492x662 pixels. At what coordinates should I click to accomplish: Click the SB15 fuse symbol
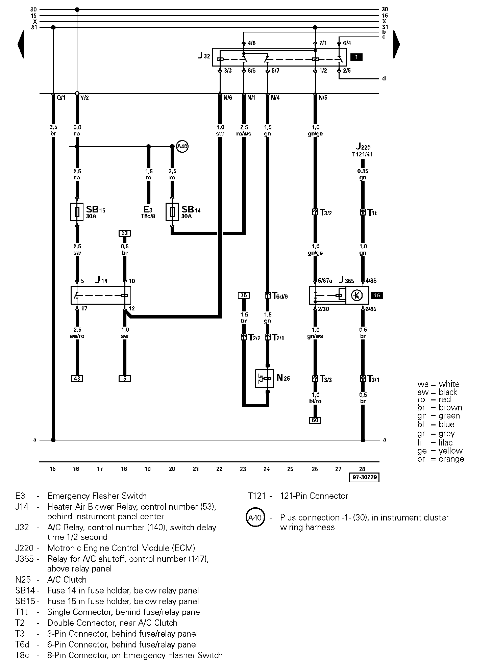[77, 212]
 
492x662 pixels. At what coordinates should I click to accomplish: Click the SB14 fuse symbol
[172, 212]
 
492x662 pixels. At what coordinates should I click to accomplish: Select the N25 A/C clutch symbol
[265, 379]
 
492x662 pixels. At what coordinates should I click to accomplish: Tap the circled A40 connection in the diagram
[182, 147]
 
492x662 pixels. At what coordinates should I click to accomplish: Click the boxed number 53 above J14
[125, 233]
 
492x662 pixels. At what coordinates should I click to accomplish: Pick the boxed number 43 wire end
[77, 379]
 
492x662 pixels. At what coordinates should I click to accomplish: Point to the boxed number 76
[244, 296]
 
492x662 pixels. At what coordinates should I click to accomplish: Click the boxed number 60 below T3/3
[315, 420]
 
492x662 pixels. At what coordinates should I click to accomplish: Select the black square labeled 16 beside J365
[377, 296]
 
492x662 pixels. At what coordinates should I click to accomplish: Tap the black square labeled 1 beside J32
[356, 57]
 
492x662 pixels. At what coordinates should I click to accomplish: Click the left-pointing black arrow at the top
[21, 44]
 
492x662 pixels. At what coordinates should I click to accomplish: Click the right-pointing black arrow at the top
[396, 44]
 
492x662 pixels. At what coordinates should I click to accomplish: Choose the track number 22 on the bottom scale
[219, 469]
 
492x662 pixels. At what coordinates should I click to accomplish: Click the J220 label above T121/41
[363, 147]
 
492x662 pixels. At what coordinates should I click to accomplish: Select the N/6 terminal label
[228, 98]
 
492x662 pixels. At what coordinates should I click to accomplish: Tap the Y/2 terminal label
[84, 98]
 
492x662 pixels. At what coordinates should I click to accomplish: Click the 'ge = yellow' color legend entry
[440, 451]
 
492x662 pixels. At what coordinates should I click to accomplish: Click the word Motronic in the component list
[64, 548]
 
